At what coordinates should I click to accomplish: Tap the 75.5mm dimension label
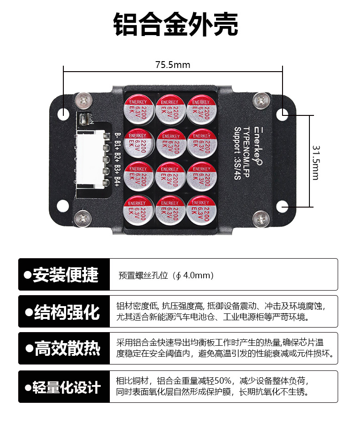point(173,65)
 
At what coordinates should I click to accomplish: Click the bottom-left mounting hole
point(64,206)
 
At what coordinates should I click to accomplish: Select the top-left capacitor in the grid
point(137,109)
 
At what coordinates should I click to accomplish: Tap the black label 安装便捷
point(64,275)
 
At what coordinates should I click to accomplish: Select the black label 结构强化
point(64,312)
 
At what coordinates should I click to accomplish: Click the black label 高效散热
point(64,349)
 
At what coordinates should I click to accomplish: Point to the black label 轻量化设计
point(64,387)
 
